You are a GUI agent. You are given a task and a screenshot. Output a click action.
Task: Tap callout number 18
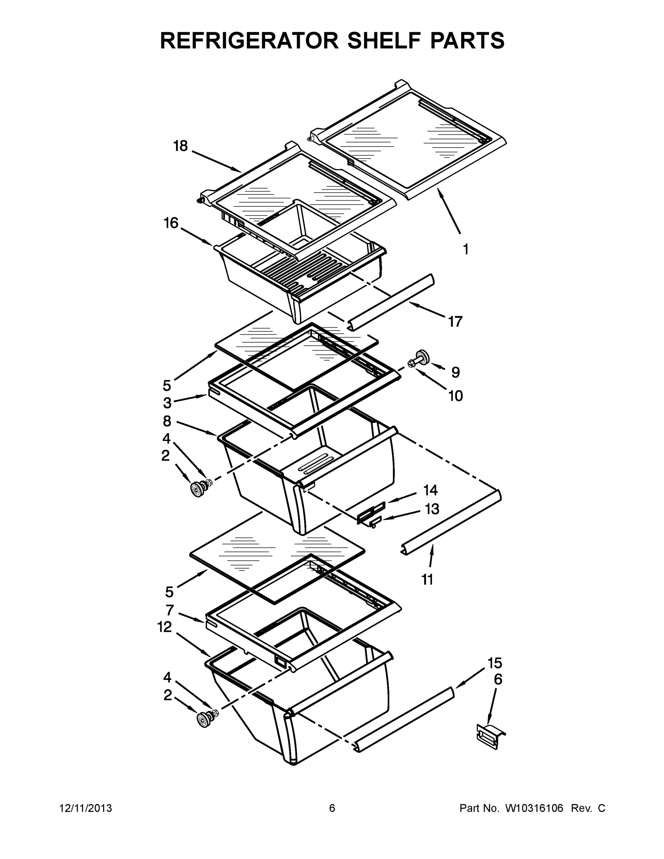point(180,146)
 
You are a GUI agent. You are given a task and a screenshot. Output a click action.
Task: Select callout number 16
point(171,223)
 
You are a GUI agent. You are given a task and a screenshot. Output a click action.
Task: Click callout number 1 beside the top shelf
point(466,249)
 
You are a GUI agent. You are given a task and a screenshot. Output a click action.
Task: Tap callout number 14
point(430,490)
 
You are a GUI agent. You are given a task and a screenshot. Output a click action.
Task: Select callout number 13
point(432,509)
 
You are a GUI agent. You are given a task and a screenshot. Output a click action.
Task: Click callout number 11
point(428,579)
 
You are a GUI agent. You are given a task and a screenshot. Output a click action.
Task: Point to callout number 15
point(495,663)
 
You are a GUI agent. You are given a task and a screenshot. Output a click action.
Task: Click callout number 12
point(165,627)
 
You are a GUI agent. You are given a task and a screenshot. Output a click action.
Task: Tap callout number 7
point(170,610)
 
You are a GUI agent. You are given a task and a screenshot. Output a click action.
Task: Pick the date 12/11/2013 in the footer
point(86,808)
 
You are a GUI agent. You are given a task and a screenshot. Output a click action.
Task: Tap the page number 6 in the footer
point(332,808)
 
